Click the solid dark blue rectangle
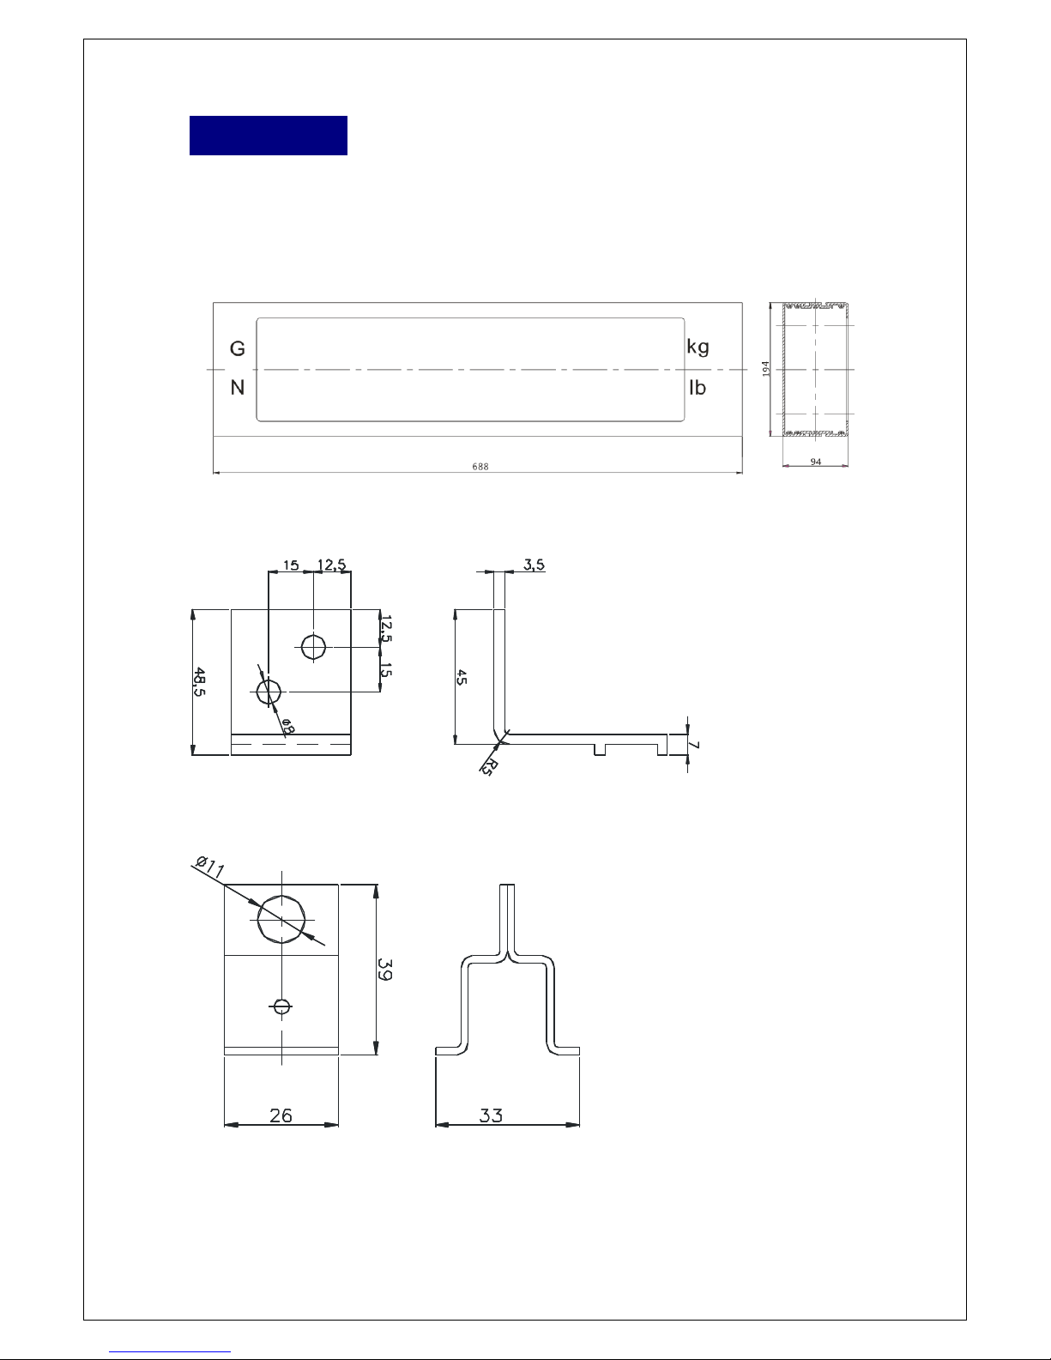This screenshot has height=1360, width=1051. [269, 136]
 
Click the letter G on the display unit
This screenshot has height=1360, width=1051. [237, 348]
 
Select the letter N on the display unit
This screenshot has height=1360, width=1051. [237, 388]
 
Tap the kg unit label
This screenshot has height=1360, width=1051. [698, 347]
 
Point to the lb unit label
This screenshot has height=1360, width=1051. [698, 388]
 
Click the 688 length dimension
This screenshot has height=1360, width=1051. [480, 466]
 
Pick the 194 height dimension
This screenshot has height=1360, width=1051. [765, 369]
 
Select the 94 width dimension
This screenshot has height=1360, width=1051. [816, 462]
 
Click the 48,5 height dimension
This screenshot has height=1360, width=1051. [200, 681]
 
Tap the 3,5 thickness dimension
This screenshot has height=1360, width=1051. [535, 565]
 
